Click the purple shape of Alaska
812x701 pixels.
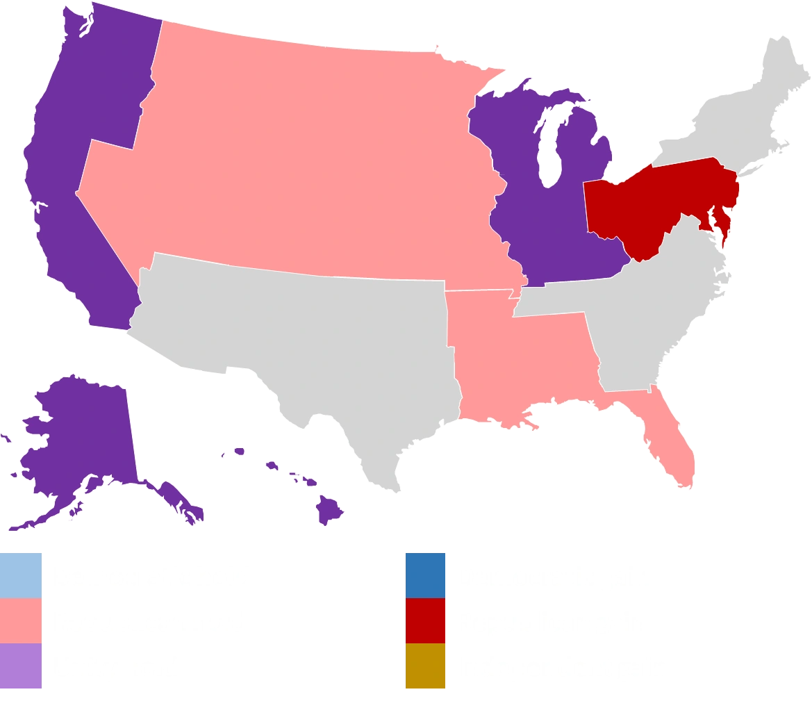[x=76, y=438]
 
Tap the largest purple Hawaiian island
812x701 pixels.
[x=329, y=511]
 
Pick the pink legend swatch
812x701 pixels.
[x=22, y=621]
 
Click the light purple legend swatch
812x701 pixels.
[x=22, y=666]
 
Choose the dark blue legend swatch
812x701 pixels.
[x=426, y=575]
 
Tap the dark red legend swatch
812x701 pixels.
[x=426, y=621]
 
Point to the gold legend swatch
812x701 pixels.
[x=426, y=666]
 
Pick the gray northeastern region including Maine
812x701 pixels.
[x=736, y=118]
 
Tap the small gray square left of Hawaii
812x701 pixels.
[x=222, y=456]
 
